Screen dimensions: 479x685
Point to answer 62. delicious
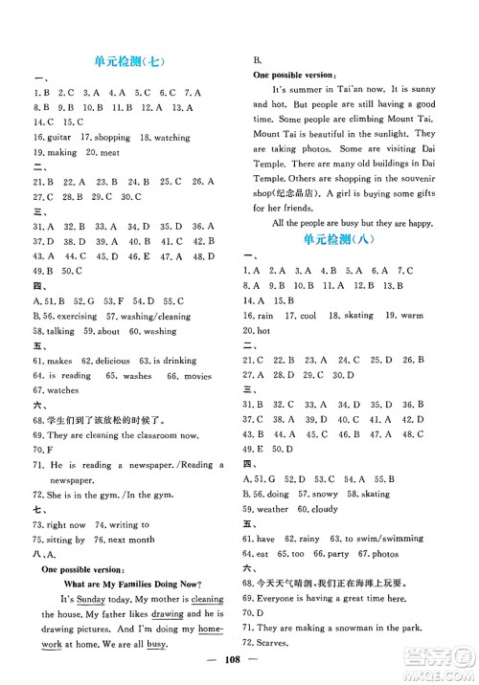click(113, 361)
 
